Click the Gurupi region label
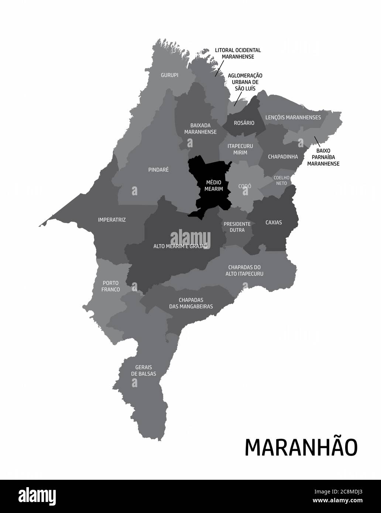tap(169, 75)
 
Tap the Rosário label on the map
tap(244, 123)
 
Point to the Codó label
tap(244, 186)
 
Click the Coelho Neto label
tap(282, 180)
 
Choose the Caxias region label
tap(274, 223)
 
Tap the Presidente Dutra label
tap(237, 227)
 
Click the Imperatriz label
tap(112, 220)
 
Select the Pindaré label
tap(158, 170)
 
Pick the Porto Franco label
tap(111, 286)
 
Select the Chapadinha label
tap(283, 156)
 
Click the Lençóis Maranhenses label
tap(293, 117)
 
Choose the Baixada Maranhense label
tap(200, 128)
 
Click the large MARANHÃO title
tap(301, 447)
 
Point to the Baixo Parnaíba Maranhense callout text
tap(323, 157)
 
